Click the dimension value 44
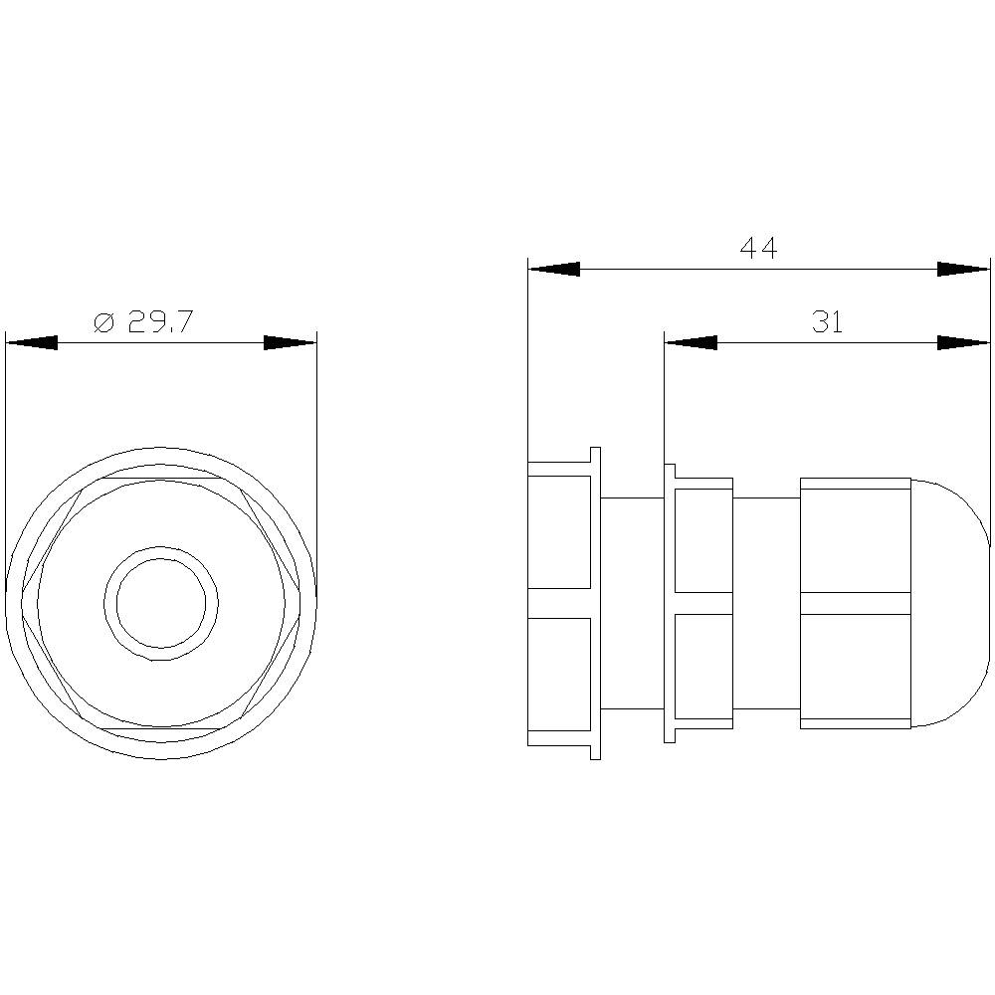758,248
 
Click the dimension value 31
828,322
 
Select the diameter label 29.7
159,322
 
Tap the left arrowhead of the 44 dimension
554,269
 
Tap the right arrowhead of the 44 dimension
963,269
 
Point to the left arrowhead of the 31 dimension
691,342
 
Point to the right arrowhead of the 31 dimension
963,342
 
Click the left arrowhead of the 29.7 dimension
31,343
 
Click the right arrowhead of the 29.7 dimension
290,343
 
